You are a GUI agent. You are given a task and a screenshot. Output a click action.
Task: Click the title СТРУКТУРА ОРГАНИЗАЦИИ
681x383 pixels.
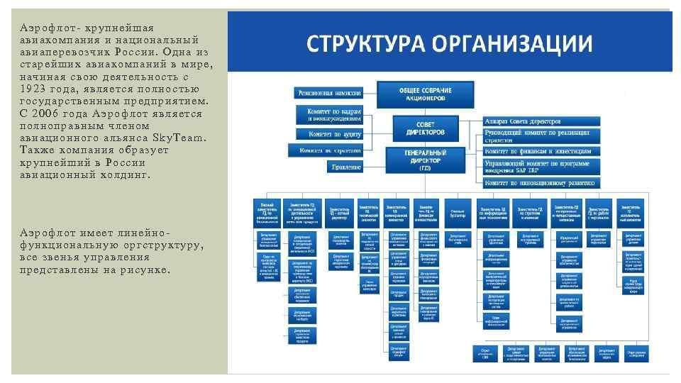pyautogui.click(x=449, y=45)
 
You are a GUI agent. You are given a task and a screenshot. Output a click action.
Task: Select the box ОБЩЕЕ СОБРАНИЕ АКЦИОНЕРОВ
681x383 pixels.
pyautogui.click(x=416, y=94)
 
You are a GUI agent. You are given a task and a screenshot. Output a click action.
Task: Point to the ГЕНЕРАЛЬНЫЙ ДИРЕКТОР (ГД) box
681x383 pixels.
pyautogui.click(x=425, y=160)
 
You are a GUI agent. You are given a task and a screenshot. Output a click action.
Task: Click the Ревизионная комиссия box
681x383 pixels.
pyautogui.click(x=329, y=93)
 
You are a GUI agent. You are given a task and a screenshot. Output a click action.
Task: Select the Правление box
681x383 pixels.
pyautogui.click(x=345, y=167)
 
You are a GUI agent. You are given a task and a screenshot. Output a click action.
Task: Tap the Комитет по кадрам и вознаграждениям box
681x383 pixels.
pyautogui.click(x=333, y=114)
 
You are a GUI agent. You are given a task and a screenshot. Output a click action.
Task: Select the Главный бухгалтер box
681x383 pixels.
pyautogui.click(x=458, y=211)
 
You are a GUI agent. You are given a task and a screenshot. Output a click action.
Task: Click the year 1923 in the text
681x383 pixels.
pyautogui.click(x=32, y=89)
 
